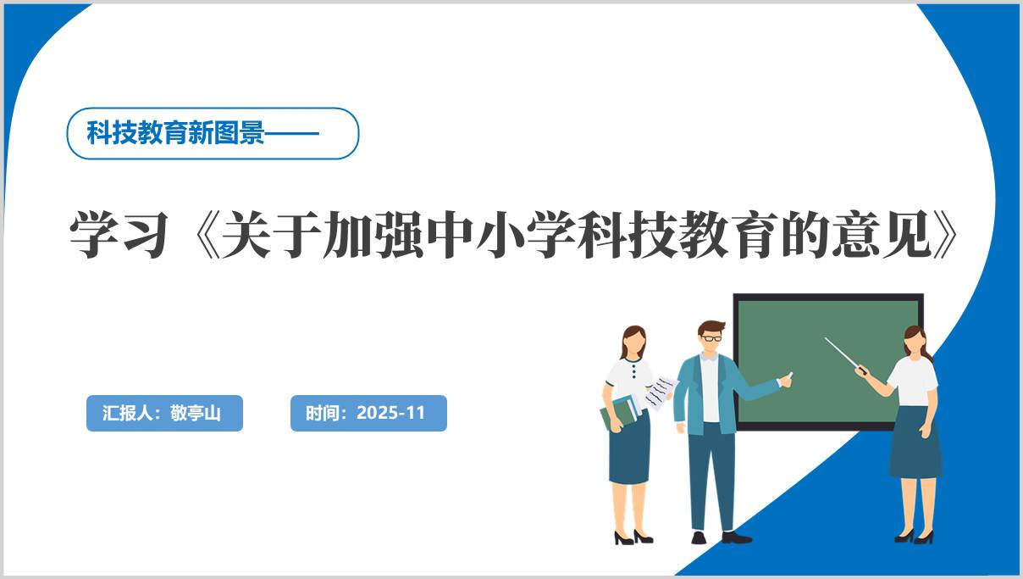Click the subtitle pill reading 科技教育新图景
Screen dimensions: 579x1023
coord(213,134)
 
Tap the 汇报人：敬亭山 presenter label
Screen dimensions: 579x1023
coord(164,414)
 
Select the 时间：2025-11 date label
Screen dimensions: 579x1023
coord(368,414)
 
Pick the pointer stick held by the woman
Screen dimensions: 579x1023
coord(843,353)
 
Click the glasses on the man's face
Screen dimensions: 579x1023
coord(711,338)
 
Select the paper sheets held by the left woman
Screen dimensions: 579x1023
coord(658,392)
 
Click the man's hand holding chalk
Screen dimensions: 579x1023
coord(786,381)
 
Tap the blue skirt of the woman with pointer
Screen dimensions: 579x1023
coord(915,443)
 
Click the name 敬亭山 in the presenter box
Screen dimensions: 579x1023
coord(195,414)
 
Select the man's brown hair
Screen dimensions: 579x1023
coord(711,326)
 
